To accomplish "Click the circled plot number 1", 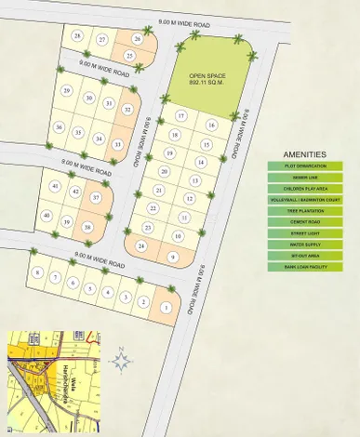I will [x=167, y=308].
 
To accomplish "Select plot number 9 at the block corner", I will [x=173, y=257].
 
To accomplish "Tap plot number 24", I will [x=141, y=245].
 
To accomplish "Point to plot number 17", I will [x=181, y=115].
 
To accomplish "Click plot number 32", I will [x=127, y=110].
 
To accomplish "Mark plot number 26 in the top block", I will [x=138, y=39].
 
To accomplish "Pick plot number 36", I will [x=60, y=127].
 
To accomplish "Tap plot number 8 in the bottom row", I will [x=37, y=272].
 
